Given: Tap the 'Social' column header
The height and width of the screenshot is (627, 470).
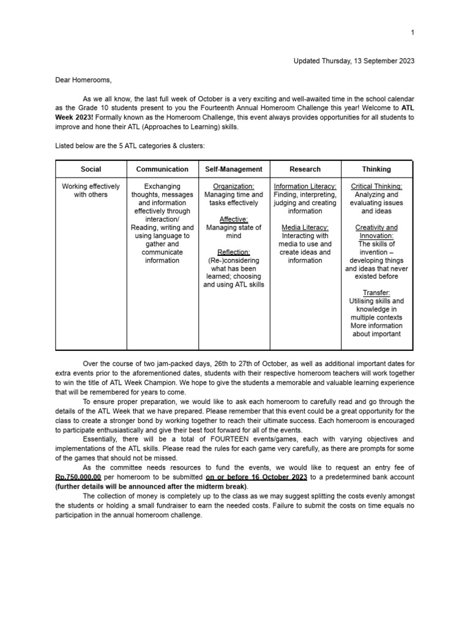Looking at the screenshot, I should (x=91, y=169).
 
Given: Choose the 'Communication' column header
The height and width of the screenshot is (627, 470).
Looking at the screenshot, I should (x=162, y=169).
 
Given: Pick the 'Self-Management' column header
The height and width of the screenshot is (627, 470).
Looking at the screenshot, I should (x=233, y=169).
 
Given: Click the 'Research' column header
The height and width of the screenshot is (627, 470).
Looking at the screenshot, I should (x=305, y=169).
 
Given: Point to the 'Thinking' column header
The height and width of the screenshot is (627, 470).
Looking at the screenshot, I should (x=376, y=169).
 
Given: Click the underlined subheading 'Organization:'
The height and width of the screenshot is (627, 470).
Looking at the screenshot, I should (x=233, y=186).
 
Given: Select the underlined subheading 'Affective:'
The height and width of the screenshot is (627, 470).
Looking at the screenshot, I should (x=233, y=219).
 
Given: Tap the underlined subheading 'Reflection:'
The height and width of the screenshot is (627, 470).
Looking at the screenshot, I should (x=233, y=252).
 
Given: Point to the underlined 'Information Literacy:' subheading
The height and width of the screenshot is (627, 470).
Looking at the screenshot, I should (x=305, y=186).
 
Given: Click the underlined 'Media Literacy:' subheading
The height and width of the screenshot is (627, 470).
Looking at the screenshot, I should (x=305, y=227).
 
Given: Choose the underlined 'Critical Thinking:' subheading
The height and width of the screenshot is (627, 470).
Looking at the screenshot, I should (x=376, y=186).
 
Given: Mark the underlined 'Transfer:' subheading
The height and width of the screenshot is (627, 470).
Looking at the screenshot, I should (x=376, y=293).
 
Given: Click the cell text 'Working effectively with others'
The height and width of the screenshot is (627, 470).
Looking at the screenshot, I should (x=91, y=190).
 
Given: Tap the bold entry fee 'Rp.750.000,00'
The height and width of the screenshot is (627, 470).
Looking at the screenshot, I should (x=83, y=477).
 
